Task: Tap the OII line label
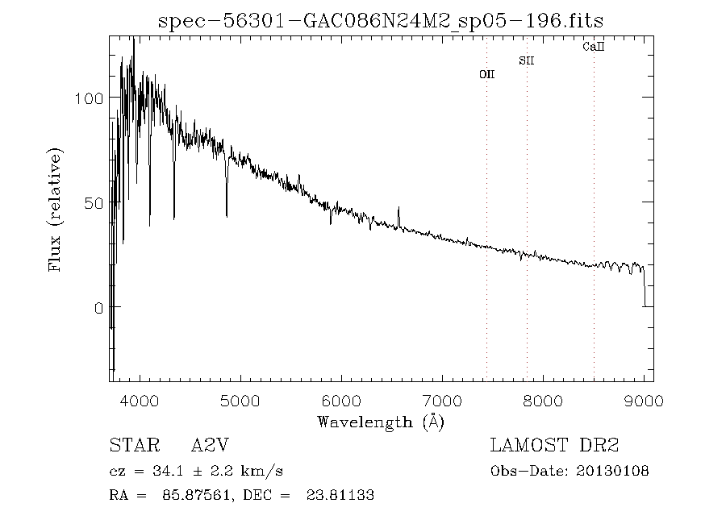(487, 74)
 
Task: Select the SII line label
(527, 60)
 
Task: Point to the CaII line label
(594, 48)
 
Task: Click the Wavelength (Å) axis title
(381, 421)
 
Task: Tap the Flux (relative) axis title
(56, 210)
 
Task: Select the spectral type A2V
(215, 446)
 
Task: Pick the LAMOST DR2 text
(554, 446)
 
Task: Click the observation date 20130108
(613, 471)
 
